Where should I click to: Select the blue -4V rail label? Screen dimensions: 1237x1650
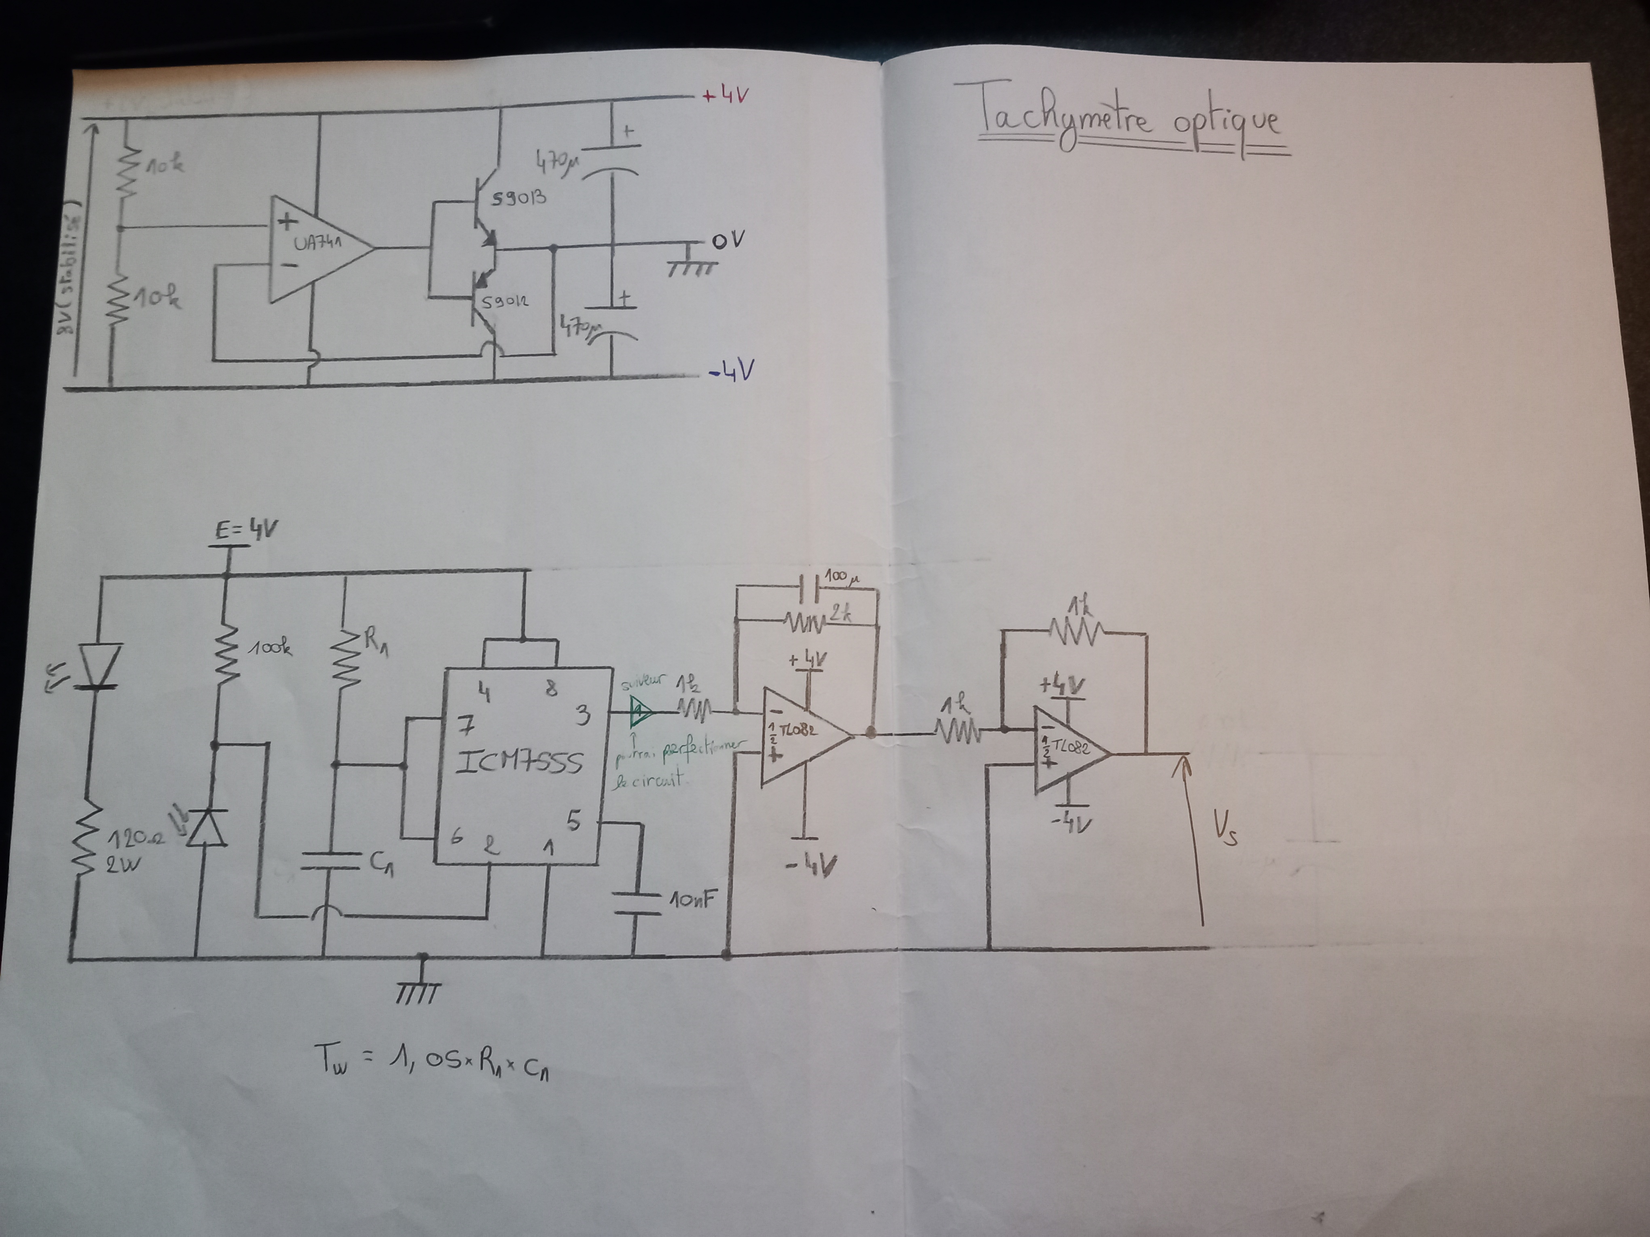pyautogui.click(x=732, y=371)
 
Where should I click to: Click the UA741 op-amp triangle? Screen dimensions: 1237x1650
pyautogui.click(x=317, y=248)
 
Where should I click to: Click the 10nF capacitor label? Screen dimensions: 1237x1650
pyautogui.click(x=692, y=900)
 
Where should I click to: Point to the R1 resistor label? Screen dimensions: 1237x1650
pyautogui.click(x=375, y=641)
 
